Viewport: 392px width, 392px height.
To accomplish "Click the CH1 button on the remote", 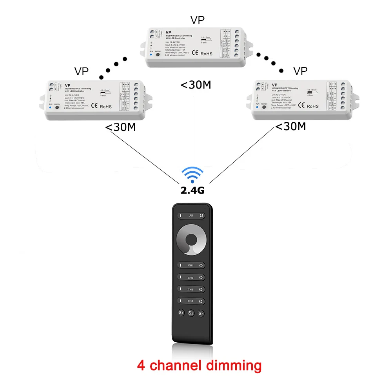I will [191, 265].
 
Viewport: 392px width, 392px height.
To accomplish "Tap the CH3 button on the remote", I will [191, 289].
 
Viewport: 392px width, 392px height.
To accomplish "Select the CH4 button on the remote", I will [191, 301].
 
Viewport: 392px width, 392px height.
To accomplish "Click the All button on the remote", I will [191, 216].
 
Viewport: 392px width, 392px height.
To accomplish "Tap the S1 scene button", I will [181, 313].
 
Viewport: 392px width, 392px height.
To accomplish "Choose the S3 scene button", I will [201, 313].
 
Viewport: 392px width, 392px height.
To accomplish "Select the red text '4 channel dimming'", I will [199, 365].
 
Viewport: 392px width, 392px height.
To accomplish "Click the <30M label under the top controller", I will [196, 85].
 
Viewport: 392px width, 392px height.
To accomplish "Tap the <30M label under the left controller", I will [121, 127].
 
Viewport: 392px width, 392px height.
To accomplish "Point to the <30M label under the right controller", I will [290, 126].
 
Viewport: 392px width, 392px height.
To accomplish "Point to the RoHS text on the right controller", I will [313, 106].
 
